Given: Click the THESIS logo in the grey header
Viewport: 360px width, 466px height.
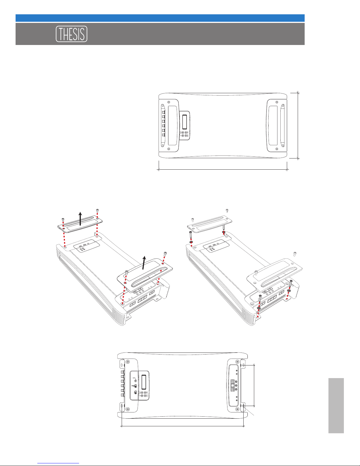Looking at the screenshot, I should tap(71, 34).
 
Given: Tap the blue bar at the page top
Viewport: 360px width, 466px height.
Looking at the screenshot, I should tap(160, 18).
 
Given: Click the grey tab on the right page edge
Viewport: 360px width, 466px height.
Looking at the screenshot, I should tap(336, 405).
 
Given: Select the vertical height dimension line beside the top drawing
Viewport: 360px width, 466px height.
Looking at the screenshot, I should tap(298, 126).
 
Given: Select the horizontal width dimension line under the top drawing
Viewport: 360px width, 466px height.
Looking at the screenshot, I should tap(223, 170).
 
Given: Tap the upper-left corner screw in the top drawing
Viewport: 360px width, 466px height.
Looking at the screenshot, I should tap(168, 102).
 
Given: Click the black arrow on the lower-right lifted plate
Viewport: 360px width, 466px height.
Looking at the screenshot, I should tap(144, 262).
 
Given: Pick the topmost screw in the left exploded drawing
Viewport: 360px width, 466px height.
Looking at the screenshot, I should tap(97, 210).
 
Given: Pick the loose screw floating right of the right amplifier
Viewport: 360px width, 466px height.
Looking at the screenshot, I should tap(295, 253).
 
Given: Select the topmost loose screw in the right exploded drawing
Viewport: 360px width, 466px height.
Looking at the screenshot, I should tap(227, 210).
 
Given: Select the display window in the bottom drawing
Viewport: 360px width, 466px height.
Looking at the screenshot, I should tap(144, 383).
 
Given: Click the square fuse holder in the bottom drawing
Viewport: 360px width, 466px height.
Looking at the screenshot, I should tap(233, 385).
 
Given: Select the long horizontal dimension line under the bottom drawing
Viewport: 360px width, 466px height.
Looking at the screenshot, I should tap(182, 426).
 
